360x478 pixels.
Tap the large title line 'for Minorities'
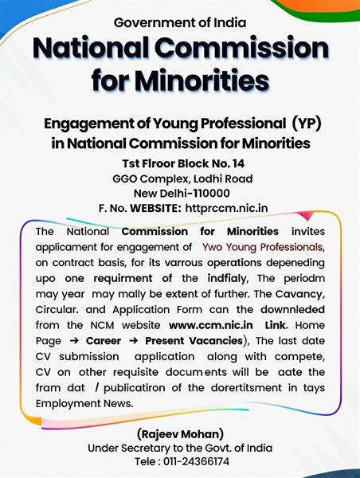[180, 80]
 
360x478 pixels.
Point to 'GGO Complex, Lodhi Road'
[180, 178]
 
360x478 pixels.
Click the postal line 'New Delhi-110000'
[180, 193]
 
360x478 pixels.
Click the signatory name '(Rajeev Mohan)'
[180, 434]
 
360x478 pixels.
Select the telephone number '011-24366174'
[196, 461]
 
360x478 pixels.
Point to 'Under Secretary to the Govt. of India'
[180, 448]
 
